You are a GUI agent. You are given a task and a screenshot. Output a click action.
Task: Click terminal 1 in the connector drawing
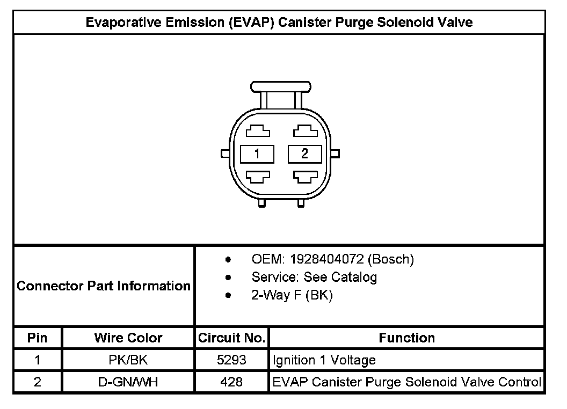[x=257, y=154]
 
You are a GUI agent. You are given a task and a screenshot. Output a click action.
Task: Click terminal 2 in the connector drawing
[x=304, y=154]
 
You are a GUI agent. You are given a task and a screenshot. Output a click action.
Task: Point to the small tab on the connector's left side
[x=225, y=154]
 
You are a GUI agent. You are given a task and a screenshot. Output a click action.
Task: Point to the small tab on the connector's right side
[x=336, y=154]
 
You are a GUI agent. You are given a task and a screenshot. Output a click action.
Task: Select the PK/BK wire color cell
[x=128, y=360]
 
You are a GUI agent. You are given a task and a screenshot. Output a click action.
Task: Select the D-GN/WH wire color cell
[x=128, y=382]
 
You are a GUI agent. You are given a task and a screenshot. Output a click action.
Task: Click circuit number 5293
[x=231, y=360]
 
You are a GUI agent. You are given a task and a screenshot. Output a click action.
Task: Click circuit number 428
[x=231, y=382]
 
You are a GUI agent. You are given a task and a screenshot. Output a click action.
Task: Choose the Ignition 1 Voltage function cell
[x=324, y=360]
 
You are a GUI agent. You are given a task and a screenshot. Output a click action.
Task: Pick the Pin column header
[x=38, y=338]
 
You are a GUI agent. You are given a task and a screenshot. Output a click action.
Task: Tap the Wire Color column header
[x=128, y=338]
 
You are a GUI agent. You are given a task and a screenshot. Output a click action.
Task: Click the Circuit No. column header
[x=231, y=338]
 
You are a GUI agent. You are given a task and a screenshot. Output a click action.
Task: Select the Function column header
[x=406, y=338]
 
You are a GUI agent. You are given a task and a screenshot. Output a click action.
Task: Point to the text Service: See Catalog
[x=314, y=277]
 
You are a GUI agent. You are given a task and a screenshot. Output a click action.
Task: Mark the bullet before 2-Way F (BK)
[x=229, y=296]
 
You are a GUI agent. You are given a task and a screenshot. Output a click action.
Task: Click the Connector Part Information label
[x=104, y=286]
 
